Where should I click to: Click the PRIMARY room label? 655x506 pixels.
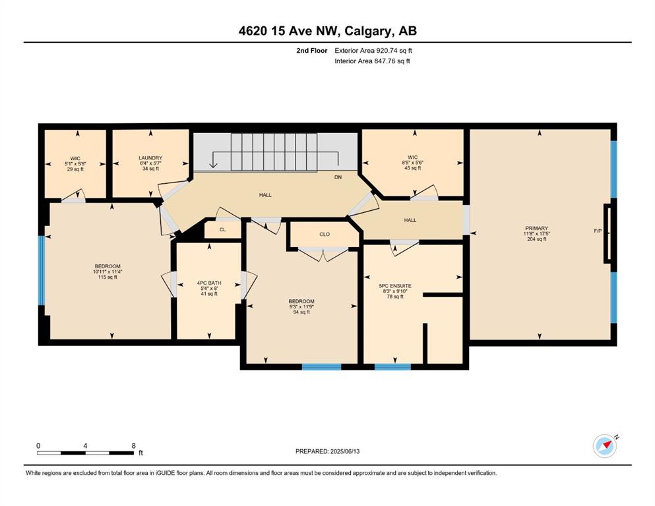click(536, 228)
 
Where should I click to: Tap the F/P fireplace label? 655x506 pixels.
click(598, 231)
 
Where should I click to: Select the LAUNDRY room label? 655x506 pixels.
click(150, 157)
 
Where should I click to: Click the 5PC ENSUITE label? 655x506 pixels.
click(395, 286)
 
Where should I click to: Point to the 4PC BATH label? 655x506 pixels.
click(209, 283)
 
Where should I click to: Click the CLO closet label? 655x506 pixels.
click(325, 234)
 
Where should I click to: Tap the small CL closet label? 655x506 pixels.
click(223, 229)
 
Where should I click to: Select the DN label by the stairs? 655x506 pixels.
click(338, 177)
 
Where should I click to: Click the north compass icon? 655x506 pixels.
click(606, 445)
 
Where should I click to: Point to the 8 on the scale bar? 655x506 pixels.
click(134, 445)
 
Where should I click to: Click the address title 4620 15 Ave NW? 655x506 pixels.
click(288, 31)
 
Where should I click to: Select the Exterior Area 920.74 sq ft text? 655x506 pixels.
click(373, 51)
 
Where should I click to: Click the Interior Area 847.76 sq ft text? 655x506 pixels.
click(372, 61)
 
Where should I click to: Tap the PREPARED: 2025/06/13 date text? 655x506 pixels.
click(327, 451)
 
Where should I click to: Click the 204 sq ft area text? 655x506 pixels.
click(537, 239)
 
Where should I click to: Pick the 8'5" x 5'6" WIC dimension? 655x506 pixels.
click(413, 163)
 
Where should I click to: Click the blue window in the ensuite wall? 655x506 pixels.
click(392, 367)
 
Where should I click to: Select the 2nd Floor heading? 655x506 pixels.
click(312, 51)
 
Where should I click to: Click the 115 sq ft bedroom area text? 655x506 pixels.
click(108, 277)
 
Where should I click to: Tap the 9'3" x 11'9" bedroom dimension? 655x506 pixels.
click(301, 306)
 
